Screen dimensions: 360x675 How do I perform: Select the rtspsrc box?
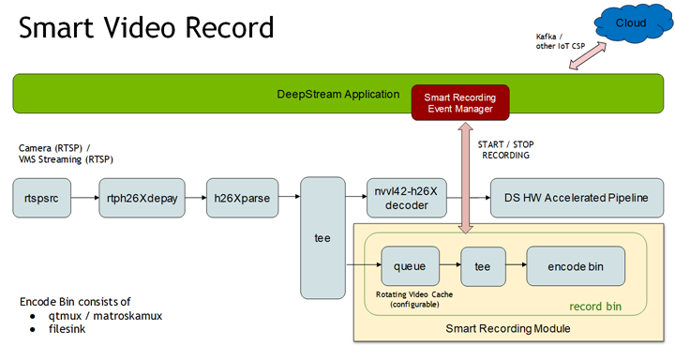click(x=43, y=198)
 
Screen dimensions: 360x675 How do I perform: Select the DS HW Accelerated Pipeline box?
click(x=572, y=198)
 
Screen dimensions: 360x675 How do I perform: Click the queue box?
click(x=411, y=266)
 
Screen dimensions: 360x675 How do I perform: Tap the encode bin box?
click(x=575, y=266)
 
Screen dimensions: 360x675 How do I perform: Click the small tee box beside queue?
click(x=483, y=266)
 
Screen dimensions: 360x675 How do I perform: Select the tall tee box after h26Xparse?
click(x=323, y=238)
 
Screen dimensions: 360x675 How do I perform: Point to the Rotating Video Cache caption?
click(x=411, y=298)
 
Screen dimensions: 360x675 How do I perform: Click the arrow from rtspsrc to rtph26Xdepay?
click(x=85, y=198)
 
